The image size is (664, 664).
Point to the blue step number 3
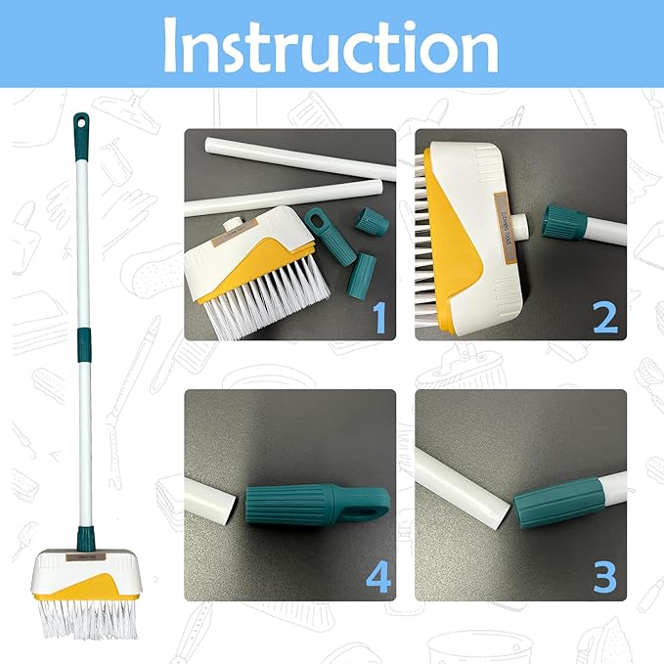[x=606, y=578]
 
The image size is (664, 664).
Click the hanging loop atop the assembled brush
[x=79, y=124]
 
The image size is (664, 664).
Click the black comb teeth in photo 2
[x=430, y=235]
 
